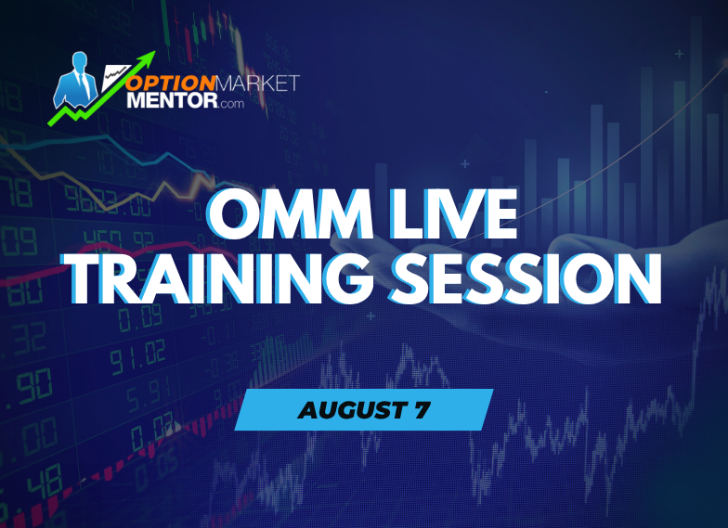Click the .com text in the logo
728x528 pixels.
click(232, 104)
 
